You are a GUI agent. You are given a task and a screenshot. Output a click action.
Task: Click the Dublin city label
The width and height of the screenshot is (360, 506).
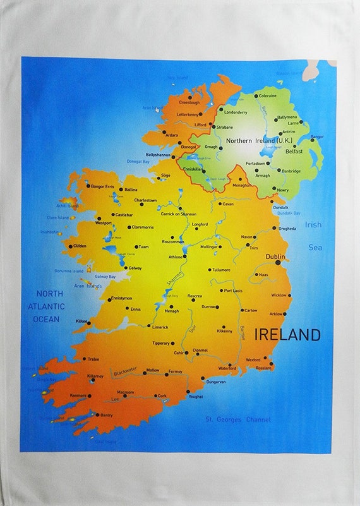[275, 256]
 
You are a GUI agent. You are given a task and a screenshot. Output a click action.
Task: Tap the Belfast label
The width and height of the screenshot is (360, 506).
[293, 152]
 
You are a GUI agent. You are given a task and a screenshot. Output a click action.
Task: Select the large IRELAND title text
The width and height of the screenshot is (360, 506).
[287, 334]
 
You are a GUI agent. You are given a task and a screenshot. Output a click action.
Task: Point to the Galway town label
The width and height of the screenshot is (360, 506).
[135, 268]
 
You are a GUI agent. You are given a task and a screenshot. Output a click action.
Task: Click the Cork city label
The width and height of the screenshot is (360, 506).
[162, 396]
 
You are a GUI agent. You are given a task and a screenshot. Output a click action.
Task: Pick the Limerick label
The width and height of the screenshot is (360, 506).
[160, 327]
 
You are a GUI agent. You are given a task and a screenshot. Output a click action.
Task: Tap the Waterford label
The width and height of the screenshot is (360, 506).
[227, 368]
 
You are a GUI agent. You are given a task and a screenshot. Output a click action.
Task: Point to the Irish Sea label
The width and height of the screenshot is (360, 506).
[315, 236]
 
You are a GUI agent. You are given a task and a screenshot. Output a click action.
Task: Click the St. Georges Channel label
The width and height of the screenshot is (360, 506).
[238, 419]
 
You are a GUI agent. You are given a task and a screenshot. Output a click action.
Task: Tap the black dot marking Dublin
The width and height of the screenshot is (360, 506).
[278, 263]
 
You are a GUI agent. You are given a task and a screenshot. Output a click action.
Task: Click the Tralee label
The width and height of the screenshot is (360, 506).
[93, 359]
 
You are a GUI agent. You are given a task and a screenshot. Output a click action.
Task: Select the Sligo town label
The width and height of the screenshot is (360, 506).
[166, 175]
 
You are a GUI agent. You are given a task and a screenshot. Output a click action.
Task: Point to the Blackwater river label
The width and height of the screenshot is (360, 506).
[124, 373]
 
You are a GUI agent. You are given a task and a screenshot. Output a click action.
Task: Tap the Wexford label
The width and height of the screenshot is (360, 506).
[253, 359]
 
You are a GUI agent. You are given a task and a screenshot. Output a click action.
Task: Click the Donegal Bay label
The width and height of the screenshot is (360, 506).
[138, 162]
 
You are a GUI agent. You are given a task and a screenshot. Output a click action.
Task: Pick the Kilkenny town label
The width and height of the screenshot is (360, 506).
[225, 330]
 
